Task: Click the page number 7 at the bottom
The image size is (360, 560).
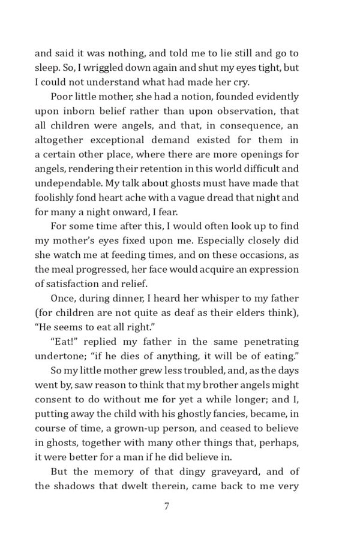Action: point(167,506)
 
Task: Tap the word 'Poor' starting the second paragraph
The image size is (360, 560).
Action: point(62,97)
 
